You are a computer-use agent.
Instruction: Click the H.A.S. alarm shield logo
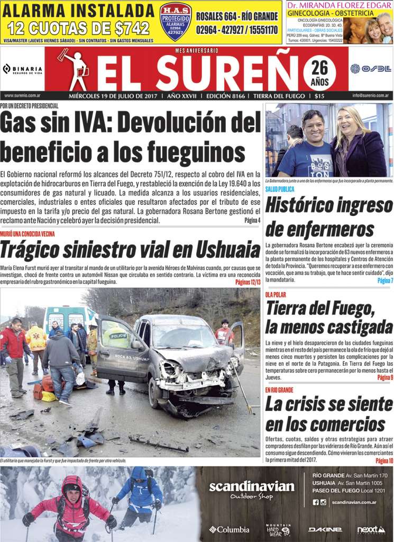pos(176,21)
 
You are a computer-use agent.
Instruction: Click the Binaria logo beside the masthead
pos(23,69)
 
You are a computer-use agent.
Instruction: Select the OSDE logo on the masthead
pos(370,68)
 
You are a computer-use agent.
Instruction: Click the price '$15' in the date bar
pos(319,96)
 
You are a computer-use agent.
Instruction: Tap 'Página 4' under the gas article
pos(252,220)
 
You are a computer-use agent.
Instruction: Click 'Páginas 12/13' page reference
pos(248,282)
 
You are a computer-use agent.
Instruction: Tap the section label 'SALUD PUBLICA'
pos(280,189)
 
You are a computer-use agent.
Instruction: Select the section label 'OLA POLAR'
pos(276,294)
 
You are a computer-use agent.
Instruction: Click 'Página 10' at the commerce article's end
pos(384,460)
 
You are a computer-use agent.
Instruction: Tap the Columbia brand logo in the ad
pos(229,529)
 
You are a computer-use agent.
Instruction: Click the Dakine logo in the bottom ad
pos(325,529)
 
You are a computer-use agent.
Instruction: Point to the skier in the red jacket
pos(70,505)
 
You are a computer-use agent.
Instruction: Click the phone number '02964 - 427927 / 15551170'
pos(237,30)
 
